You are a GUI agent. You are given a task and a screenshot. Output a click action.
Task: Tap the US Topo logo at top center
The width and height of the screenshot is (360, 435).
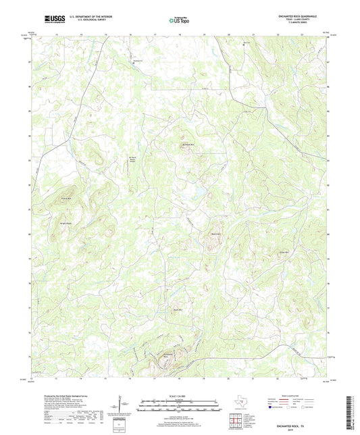pyautogui.click(x=179, y=20)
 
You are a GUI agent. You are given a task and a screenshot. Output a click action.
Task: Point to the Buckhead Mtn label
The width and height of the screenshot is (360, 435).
pyautogui.click(x=188, y=144)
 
